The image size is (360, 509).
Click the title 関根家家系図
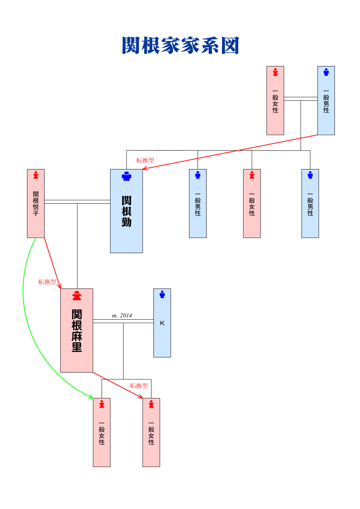tap(180, 46)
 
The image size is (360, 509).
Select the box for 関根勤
tap(126, 211)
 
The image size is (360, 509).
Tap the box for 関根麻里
tap(76, 330)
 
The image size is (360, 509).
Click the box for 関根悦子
tap(36, 203)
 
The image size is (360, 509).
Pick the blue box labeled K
tap(162, 323)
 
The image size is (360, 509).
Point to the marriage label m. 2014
tap(122, 316)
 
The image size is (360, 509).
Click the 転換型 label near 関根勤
tap(145, 160)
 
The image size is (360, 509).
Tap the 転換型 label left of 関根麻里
tap(47, 282)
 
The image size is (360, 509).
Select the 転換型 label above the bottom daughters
tap(139, 386)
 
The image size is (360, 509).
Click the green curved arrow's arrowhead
tap(91, 397)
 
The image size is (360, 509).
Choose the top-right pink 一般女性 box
tap(275, 101)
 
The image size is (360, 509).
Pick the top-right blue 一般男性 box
tap(326, 101)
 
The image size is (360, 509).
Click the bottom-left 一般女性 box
tap(102, 433)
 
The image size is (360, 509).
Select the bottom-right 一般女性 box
tap(151, 433)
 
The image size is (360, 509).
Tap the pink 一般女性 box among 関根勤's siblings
tap(252, 203)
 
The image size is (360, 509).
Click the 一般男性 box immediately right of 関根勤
tap(198, 203)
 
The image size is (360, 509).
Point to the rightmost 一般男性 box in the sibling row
tap(310, 203)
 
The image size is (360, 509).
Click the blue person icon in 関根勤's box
tap(126, 177)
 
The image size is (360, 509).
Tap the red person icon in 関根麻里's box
tap(77, 296)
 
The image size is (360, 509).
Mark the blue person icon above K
tap(162, 295)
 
